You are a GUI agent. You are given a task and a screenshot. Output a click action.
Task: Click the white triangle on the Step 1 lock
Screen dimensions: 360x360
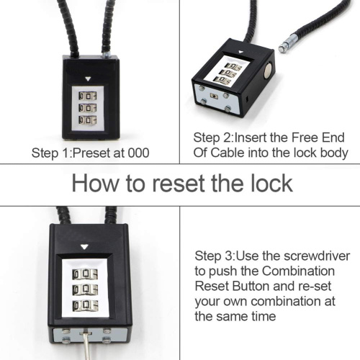pyautogui.click(x=87, y=81)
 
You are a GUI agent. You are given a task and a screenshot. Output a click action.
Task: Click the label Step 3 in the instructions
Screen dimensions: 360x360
pyautogui.click(x=214, y=256)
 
